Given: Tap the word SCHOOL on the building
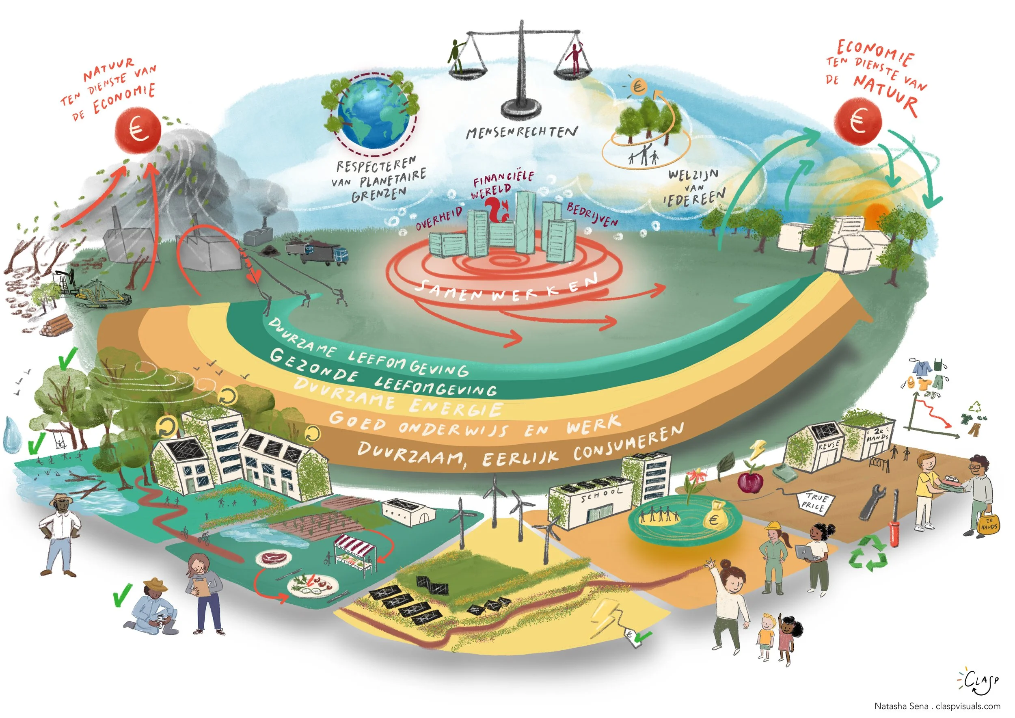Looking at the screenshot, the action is pos(602,495).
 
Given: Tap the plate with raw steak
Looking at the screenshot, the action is pos(270,558).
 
